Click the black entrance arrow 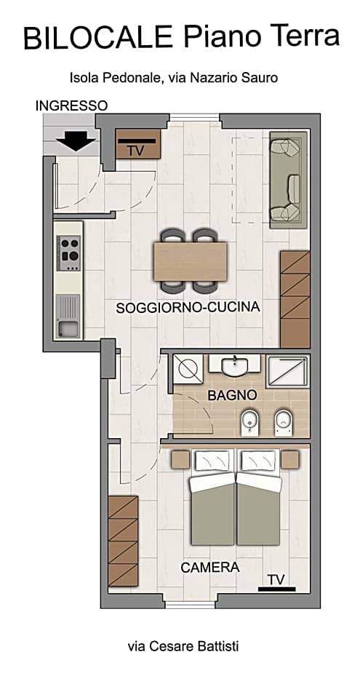coord(76,140)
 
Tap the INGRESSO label coord(71,106)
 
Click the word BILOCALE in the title coord(98,37)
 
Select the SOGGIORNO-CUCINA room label coord(188,308)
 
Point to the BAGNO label coord(232,395)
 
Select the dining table coord(191,260)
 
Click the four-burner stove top coord(70,250)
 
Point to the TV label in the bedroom coord(276,580)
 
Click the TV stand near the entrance coord(137,148)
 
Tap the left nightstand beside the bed coord(180,460)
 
